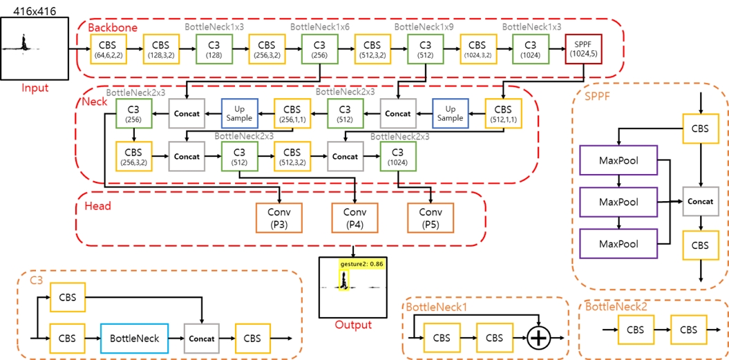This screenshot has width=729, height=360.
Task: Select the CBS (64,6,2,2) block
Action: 108,49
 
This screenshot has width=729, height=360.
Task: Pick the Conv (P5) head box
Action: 430,217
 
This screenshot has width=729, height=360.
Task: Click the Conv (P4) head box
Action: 354,217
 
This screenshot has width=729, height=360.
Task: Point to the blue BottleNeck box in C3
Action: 135,339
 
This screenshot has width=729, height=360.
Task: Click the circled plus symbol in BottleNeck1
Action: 538,339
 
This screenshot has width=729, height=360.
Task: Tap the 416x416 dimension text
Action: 35,9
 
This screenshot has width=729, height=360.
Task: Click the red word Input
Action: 35,88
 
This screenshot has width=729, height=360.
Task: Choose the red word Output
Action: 353,325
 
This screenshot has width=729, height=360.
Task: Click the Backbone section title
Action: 112,28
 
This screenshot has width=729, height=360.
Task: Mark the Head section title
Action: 97,206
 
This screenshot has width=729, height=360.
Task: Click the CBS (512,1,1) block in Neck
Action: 503,113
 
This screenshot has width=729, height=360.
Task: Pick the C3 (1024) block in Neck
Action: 397,156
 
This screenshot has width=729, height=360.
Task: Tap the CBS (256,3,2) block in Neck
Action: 133,156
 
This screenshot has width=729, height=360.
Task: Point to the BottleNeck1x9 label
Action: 424,26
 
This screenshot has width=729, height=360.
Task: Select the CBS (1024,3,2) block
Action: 477,49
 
